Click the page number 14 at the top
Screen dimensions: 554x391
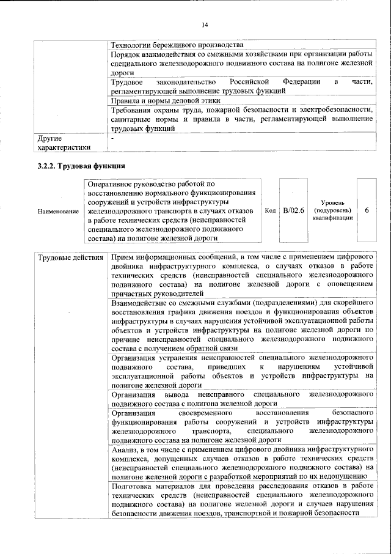205,24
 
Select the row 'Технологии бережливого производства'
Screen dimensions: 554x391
177,45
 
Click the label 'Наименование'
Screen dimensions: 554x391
58,211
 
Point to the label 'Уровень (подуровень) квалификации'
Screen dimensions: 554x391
335,210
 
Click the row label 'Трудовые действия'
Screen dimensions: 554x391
70,257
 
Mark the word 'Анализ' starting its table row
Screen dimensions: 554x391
126,449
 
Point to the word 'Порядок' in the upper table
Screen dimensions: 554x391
126,54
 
